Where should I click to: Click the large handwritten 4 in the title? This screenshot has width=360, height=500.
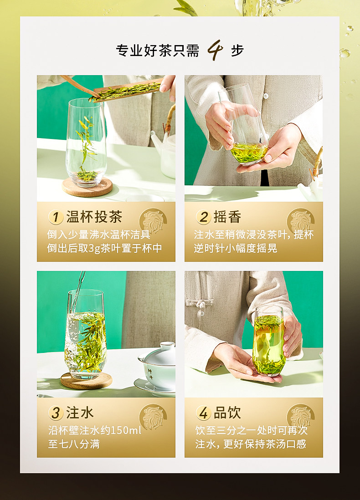pyautogui.click(x=215, y=50)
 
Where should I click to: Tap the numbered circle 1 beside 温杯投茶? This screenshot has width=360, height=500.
pyautogui.click(x=56, y=217)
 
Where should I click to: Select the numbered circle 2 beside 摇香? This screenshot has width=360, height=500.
pyautogui.click(x=203, y=217)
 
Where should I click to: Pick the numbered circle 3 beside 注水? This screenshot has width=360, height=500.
pyautogui.click(x=56, y=413)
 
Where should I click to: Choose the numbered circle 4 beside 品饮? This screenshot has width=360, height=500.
pyautogui.click(x=203, y=413)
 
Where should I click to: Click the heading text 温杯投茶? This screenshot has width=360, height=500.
pyautogui.click(x=94, y=217)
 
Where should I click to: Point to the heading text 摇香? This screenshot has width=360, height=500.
pyautogui.click(x=227, y=217)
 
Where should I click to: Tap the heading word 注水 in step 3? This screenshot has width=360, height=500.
pyautogui.click(x=80, y=413)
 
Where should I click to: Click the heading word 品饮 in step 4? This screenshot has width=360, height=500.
pyautogui.click(x=227, y=413)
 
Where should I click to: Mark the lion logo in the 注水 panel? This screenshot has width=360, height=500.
pyautogui.click(x=153, y=417)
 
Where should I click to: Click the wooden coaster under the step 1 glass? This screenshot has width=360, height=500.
pyautogui.click(x=87, y=187)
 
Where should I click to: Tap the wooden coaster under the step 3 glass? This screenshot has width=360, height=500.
pyautogui.click(x=86, y=380)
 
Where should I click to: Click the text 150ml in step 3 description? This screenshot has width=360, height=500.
pyautogui.click(x=126, y=430)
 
